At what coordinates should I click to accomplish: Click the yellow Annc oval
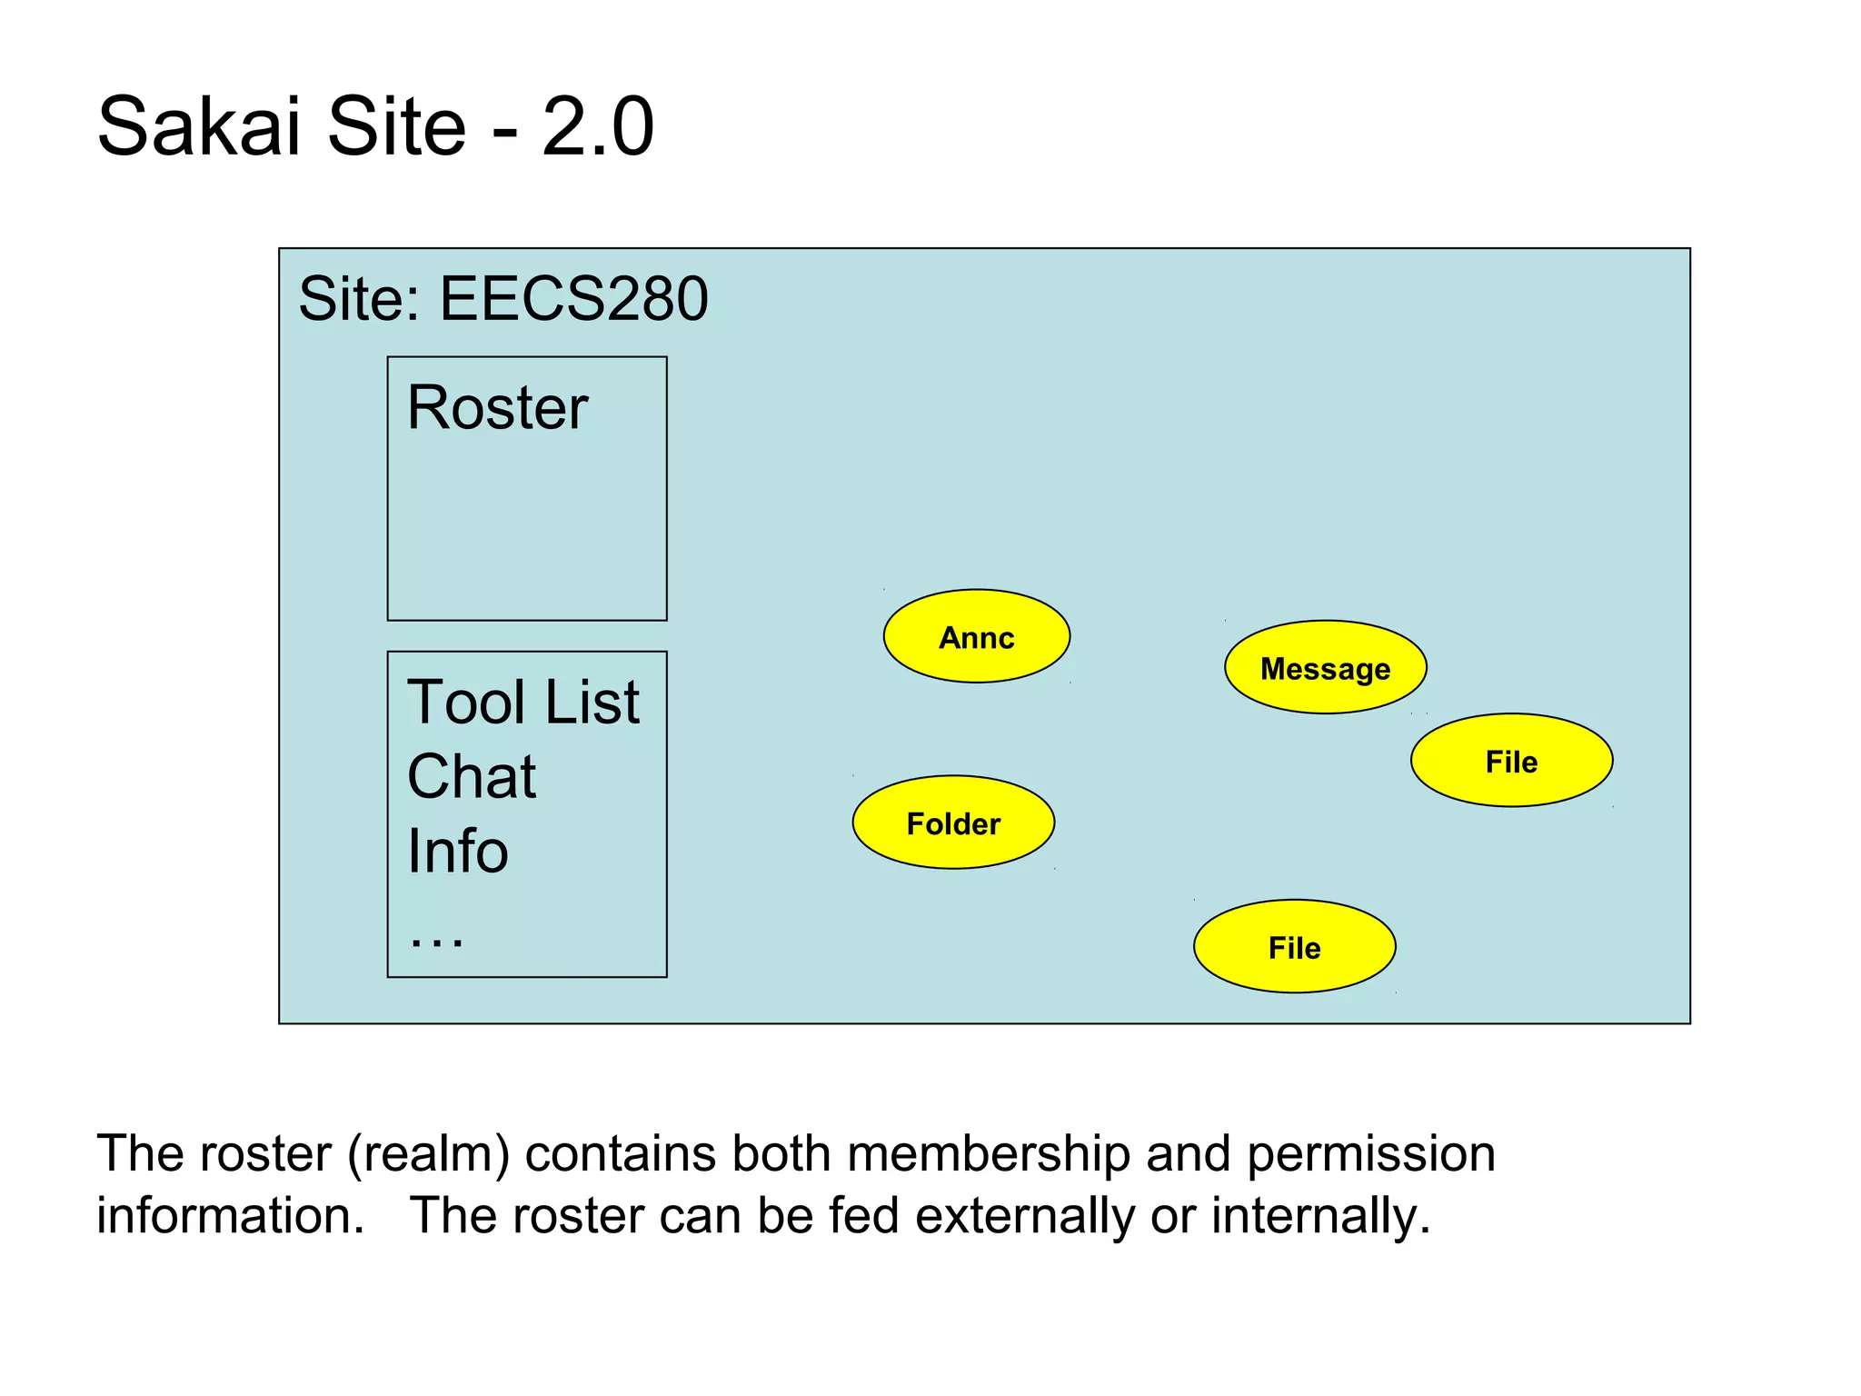976,636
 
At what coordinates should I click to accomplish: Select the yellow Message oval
1325,668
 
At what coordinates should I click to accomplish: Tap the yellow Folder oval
952,823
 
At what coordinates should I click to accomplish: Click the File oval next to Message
1511,761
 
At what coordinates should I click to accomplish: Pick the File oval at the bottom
1294,947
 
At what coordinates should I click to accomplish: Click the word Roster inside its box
497,407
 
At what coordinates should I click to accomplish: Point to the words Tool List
522,703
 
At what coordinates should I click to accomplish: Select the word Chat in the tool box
471,777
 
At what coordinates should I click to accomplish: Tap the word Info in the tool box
457,852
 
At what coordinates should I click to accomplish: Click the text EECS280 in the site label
573,298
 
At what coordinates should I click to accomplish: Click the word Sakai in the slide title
198,125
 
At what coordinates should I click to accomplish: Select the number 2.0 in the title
597,125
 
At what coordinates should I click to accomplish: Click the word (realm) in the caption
428,1154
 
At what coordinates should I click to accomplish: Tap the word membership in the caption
989,1154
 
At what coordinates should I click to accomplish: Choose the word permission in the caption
1370,1154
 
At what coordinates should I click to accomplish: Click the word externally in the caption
1024,1216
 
